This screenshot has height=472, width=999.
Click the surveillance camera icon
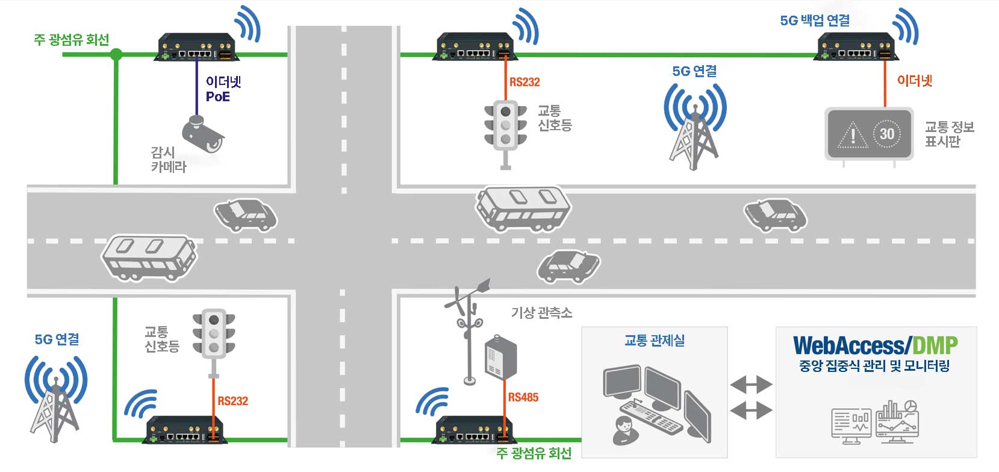(204, 133)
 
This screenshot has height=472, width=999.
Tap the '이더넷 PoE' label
(223, 89)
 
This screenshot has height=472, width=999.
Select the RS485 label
(523, 397)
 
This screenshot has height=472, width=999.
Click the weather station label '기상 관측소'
(541, 312)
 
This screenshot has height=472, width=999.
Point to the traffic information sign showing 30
(869, 133)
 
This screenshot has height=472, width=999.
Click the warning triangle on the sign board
(853, 135)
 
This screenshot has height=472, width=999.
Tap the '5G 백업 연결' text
(815, 20)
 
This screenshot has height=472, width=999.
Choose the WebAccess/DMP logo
(875, 345)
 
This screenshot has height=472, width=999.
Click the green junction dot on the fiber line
(116, 54)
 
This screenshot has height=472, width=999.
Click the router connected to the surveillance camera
(197, 46)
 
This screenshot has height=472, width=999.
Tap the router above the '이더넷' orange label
(856, 46)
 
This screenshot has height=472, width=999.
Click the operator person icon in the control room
(624, 430)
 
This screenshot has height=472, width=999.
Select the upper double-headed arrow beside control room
(752, 385)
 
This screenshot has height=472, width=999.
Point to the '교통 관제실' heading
(654, 341)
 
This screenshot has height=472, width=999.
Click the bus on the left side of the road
(149, 258)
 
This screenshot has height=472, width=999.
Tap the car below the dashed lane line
(568, 266)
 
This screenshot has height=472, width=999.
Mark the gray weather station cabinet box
(501, 357)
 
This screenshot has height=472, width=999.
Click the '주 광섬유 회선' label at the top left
(71, 40)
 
